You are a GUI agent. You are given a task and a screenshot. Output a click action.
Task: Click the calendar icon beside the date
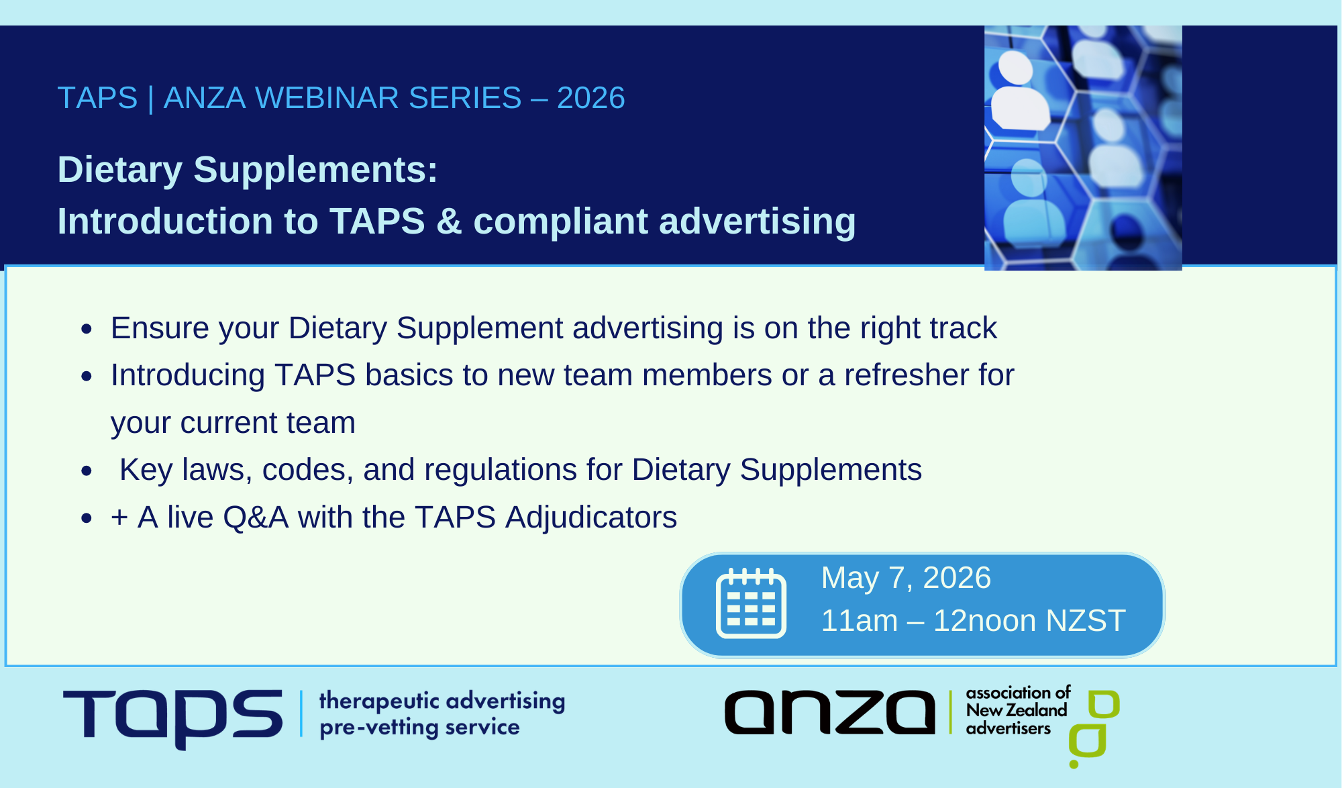point(751,603)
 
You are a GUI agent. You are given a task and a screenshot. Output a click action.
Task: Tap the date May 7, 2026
point(906,578)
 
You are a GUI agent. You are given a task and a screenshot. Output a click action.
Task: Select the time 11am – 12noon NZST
point(973,621)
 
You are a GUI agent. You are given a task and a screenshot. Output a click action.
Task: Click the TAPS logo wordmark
point(173,717)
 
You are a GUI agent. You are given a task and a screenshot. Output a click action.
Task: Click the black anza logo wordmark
point(829,713)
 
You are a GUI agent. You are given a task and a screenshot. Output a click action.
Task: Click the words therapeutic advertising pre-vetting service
point(442,713)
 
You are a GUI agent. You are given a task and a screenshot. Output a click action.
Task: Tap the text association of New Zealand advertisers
point(1017,711)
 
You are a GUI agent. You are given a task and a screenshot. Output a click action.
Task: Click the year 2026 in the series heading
point(590,98)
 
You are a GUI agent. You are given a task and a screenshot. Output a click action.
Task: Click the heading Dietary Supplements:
point(248,169)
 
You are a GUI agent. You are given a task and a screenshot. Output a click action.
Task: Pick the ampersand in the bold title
point(449,221)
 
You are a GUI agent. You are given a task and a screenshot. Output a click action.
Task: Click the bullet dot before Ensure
point(87,329)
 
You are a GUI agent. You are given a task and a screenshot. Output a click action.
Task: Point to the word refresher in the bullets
point(907,375)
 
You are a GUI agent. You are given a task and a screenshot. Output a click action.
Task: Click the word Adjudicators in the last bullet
point(591,518)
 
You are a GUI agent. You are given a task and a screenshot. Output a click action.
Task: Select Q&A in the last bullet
point(256,518)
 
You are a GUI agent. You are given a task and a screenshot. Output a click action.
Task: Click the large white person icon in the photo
point(1019,94)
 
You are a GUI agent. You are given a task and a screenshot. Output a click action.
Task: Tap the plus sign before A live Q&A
point(119,518)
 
